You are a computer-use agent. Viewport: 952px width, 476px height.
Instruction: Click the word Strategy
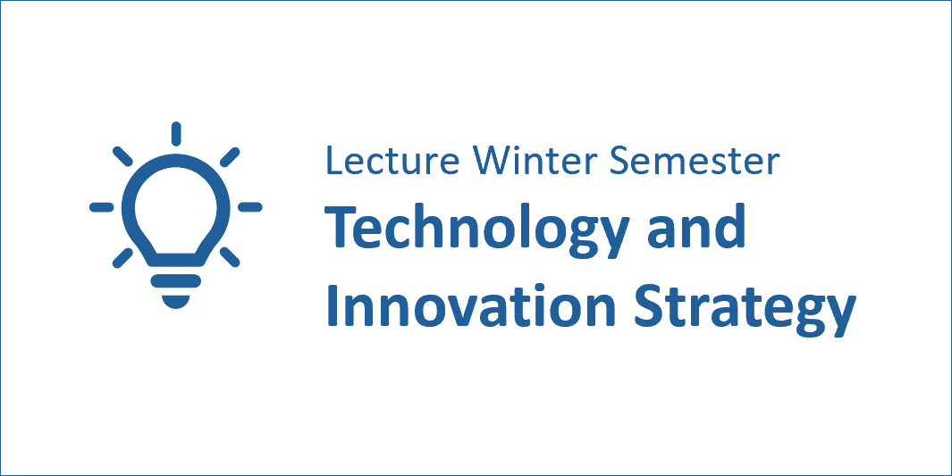tap(745, 309)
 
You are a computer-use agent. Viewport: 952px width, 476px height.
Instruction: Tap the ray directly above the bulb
tap(176, 134)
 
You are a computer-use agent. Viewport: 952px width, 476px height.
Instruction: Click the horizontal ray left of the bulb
tap(101, 207)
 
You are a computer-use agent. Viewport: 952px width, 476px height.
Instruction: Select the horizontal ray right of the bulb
tap(249, 207)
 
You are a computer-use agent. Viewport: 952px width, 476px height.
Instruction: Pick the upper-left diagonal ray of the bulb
tap(122, 155)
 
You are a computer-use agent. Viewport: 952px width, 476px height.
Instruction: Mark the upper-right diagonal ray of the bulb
tap(230, 155)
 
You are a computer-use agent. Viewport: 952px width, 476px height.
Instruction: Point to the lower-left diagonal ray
tap(122, 258)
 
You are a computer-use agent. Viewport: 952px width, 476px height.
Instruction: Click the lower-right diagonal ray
tap(230, 258)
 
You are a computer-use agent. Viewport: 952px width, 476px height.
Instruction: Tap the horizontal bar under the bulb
tap(176, 280)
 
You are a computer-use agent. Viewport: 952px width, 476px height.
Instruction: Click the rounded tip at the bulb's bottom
tap(176, 301)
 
